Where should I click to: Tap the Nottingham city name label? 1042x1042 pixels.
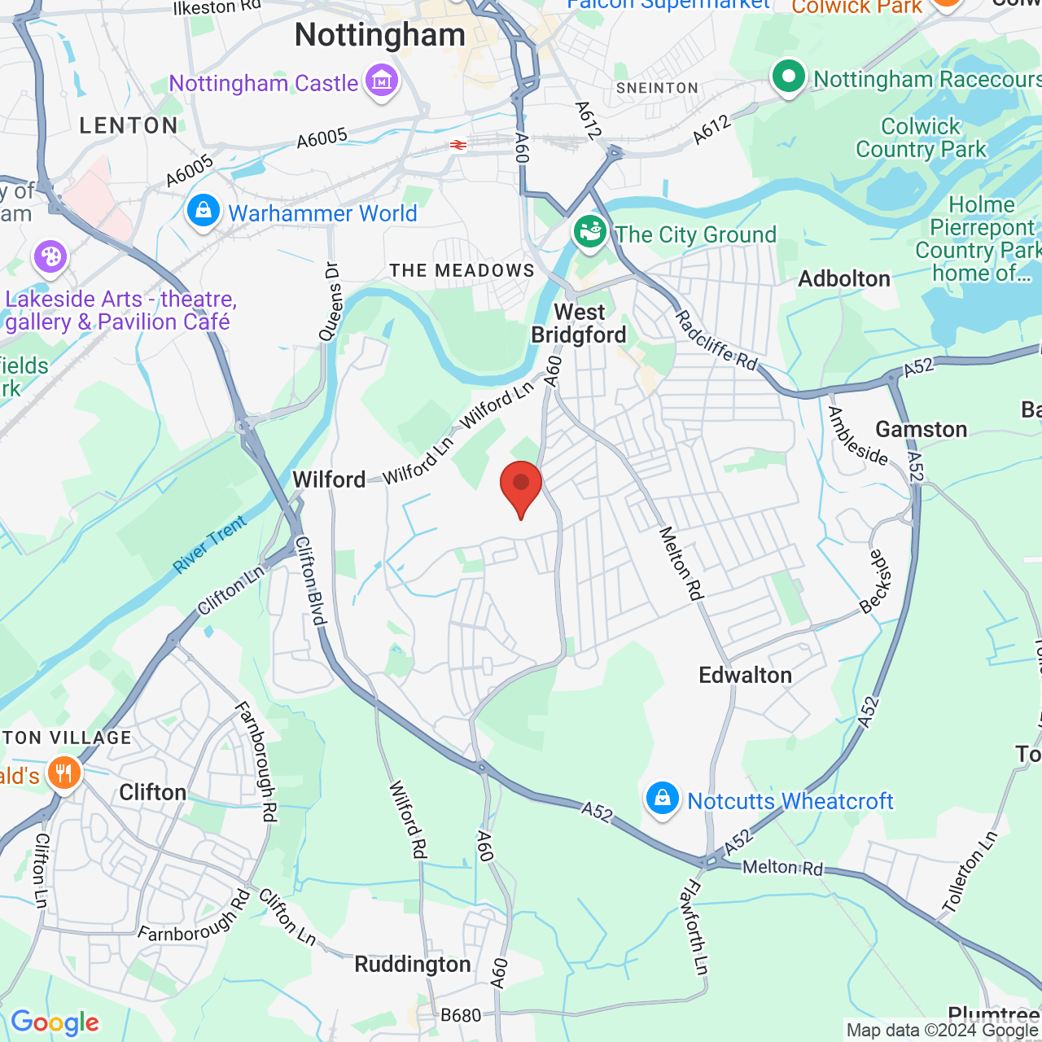click(380, 35)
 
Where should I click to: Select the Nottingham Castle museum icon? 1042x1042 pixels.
click(381, 81)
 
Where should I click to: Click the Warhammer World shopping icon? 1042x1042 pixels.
click(204, 212)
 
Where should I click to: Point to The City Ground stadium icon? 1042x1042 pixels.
click(590, 232)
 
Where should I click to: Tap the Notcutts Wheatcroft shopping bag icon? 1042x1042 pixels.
click(663, 799)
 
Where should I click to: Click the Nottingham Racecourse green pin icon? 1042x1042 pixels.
click(788, 77)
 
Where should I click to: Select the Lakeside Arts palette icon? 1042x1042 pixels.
click(50, 257)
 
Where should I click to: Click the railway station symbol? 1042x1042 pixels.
click(458, 145)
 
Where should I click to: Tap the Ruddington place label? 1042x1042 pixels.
click(413, 965)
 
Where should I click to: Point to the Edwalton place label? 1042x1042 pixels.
click(745, 675)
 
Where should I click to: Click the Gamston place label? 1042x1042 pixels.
click(921, 429)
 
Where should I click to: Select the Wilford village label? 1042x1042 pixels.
click(329, 479)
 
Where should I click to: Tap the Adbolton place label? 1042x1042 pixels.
click(844, 278)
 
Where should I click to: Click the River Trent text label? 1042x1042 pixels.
click(210, 545)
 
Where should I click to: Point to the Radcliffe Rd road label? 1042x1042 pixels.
click(716, 340)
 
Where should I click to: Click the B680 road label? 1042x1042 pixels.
click(461, 1015)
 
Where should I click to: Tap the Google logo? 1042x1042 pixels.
click(55, 1022)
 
